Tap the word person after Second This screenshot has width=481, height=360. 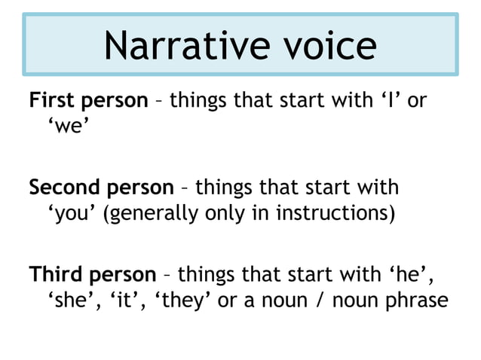click(142, 187)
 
